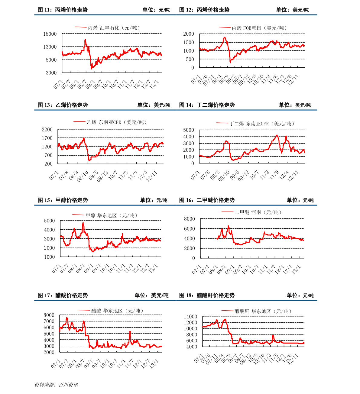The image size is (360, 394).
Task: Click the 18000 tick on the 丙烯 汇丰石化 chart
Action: point(50,34)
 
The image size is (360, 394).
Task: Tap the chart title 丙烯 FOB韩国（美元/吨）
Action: point(260,28)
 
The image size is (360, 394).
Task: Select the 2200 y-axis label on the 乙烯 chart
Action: point(47,130)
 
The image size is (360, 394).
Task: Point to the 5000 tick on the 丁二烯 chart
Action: point(189,130)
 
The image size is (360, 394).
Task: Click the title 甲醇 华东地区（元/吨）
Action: point(112,215)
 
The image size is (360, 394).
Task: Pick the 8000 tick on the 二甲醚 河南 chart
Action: point(190,219)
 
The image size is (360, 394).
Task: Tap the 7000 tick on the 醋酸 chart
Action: point(49,321)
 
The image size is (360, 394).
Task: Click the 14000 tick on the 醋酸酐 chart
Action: point(191,316)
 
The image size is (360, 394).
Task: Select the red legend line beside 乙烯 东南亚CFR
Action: point(79,122)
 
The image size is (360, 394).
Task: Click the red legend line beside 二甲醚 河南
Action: point(227,212)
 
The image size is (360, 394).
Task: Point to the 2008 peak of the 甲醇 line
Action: point(83,223)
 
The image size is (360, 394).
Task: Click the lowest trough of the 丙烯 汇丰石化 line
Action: point(92,69)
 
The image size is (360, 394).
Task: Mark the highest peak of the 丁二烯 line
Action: point(277,135)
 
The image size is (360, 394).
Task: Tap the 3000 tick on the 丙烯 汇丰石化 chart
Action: point(51,73)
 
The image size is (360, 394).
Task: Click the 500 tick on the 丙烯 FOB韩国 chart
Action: point(190,59)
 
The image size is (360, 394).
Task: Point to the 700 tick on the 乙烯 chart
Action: point(48,155)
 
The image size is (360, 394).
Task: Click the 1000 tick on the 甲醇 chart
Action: point(50,257)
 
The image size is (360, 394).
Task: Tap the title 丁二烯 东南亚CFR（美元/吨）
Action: point(262,124)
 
